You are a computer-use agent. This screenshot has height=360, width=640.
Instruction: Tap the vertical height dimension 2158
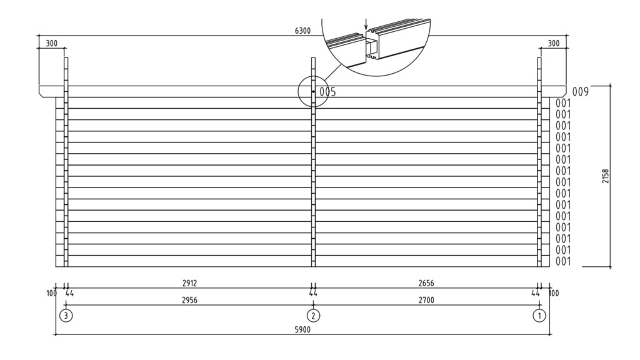point(606,177)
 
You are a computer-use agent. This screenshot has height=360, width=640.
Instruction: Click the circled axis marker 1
point(539,316)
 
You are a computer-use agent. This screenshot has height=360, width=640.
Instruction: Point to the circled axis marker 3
point(66,316)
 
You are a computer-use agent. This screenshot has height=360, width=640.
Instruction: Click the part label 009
point(581,92)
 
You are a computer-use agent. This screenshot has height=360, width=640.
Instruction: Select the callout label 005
point(327,92)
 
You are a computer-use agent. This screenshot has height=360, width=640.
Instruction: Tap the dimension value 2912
point(189,283)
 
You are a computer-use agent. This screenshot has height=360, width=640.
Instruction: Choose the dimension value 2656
point(426,283)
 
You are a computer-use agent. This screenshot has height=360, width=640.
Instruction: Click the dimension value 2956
point(189,301)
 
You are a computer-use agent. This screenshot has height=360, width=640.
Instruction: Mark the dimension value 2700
point(426,301)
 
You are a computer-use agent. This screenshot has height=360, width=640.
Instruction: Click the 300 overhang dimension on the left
point(52,44)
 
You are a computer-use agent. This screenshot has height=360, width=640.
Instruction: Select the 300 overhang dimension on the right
point(553,44)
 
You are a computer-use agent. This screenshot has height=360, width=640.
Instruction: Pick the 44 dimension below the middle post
point(313,292)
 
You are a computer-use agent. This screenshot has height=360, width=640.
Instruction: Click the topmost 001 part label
point(563,103)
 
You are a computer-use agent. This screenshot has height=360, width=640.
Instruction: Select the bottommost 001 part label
point(563,261)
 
